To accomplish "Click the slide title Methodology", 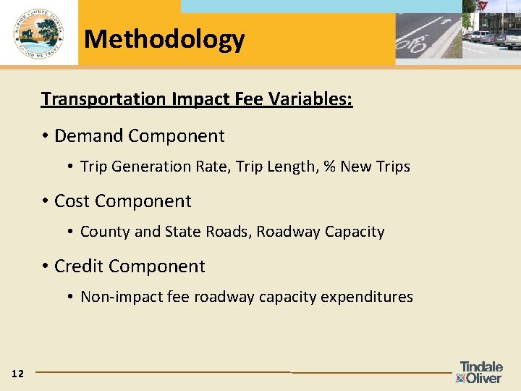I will tap(164, 38).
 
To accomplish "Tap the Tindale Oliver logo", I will tap(480, 372).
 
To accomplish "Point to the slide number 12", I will tap(18, 374).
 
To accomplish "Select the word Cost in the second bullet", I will tap(72, 201).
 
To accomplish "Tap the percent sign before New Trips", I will tap(329, 167).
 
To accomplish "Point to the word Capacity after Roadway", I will tap(355, 232).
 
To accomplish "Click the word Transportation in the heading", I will tap(103, 98).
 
